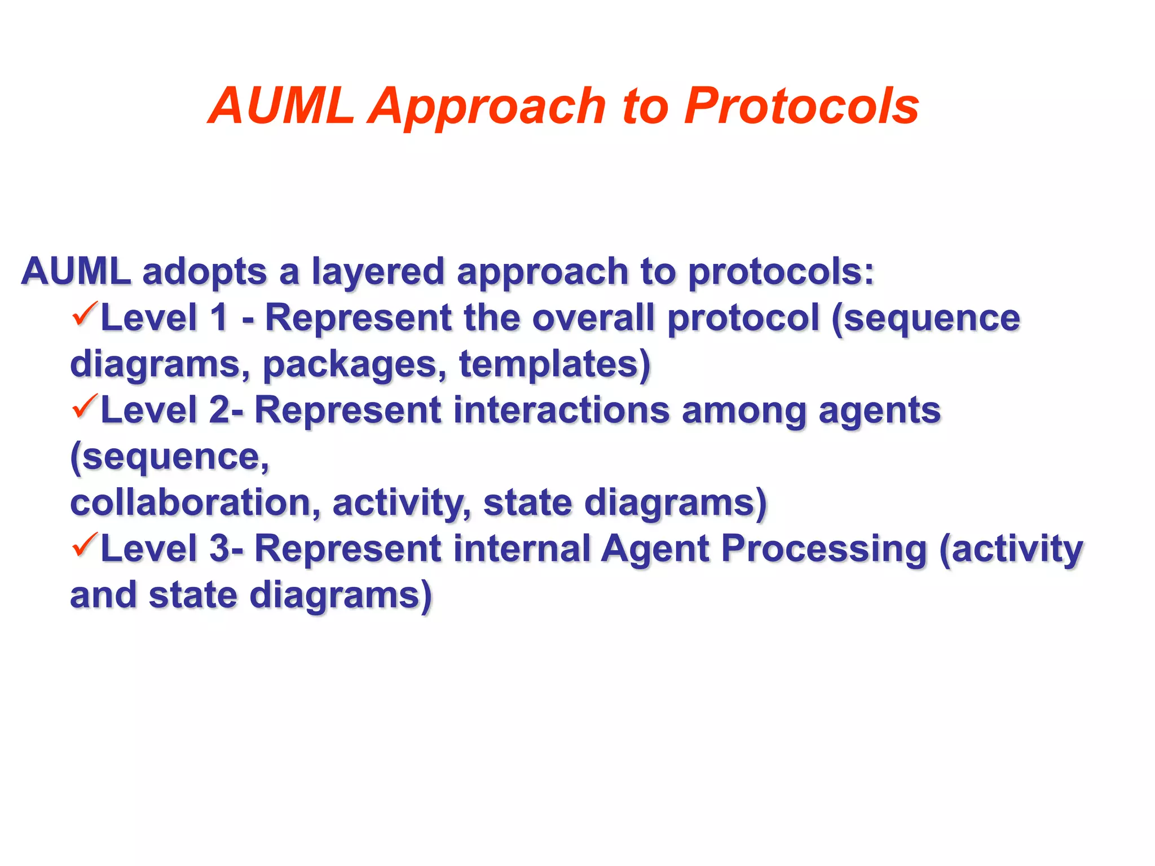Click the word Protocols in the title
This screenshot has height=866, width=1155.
[x=801, y=106]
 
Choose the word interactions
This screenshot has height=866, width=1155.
[x=561, y=410]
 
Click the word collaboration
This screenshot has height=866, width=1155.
[x=195, y=503]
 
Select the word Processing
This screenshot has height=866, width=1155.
[x=824, y=550]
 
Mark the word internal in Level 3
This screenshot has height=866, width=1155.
[x=522, y=549]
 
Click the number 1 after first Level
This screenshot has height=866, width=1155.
[x=219, y=318]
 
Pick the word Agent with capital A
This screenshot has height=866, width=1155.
[x=655, y=550]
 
